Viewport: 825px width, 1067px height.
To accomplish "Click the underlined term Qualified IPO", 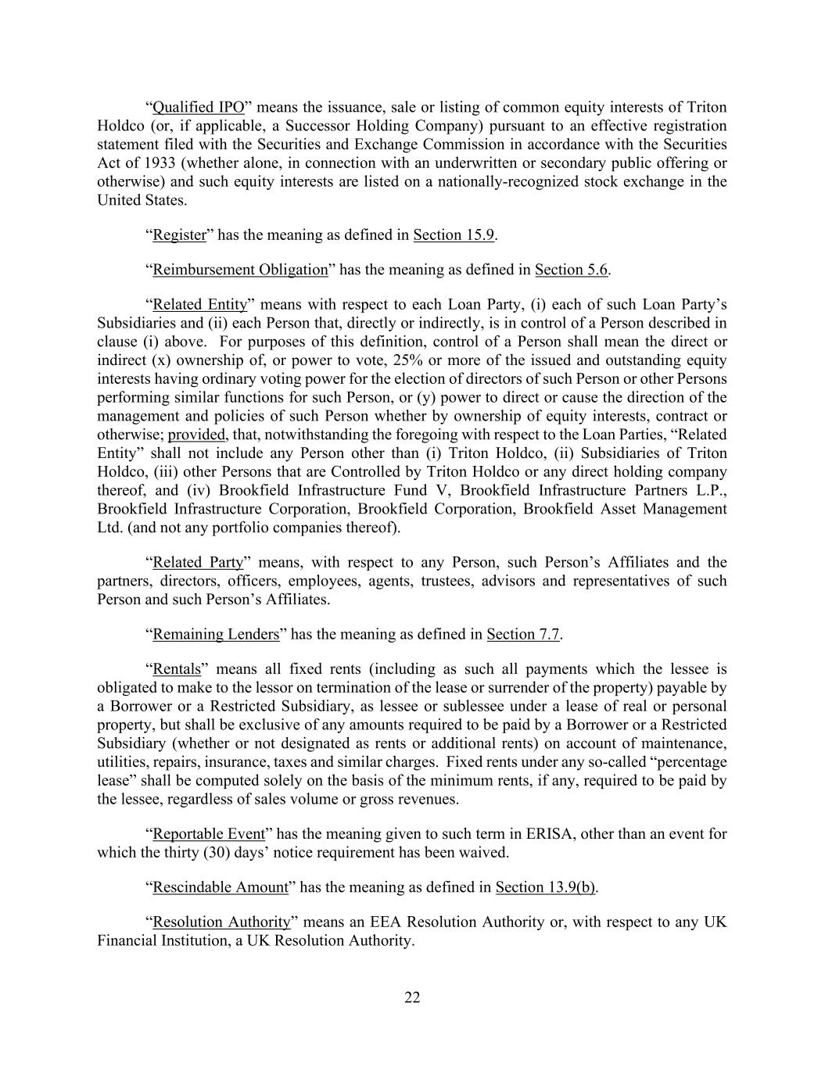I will pyautogui.click(x=199, y=107).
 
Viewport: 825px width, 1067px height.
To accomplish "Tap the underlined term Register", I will pyautogui.click(x=179, y=235).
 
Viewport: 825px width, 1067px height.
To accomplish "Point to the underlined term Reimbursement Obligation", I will pyautogui.click(x=240, y=270).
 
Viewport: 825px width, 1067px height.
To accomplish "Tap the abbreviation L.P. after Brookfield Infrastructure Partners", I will pyautogui.click(x=710, y=491).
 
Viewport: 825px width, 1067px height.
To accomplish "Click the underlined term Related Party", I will pyautogui.click(x=198, y=563).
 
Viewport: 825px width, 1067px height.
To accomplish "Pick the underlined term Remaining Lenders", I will pyautogui.click(x=216, y=635).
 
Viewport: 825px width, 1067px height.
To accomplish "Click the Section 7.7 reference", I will pyautogui.click(x=523, y=635).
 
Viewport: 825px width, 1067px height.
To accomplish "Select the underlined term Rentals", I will pyautogui.click(x=177, y=669).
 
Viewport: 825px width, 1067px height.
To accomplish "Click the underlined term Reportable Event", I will pyautogui.click(x=209, y=834).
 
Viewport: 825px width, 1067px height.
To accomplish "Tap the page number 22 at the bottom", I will pyautogui.click(x=412, y=997).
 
